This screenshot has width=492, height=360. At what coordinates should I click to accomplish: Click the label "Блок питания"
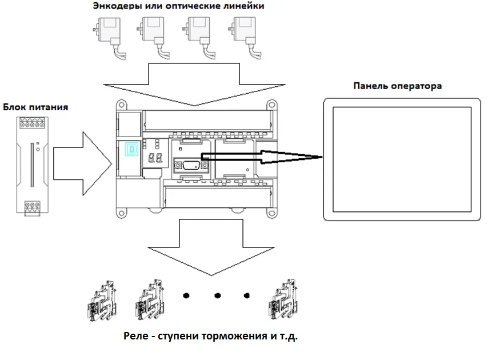[35, 107]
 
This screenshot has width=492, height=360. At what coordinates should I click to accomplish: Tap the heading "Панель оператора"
[397, 86]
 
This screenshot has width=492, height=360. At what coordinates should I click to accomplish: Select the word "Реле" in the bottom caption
[135, 335]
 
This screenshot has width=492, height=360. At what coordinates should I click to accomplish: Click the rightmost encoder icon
[242, 34]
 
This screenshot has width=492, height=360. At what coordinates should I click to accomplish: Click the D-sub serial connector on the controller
[189, 166]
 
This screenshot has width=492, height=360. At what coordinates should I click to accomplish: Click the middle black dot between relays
[217, 296]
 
